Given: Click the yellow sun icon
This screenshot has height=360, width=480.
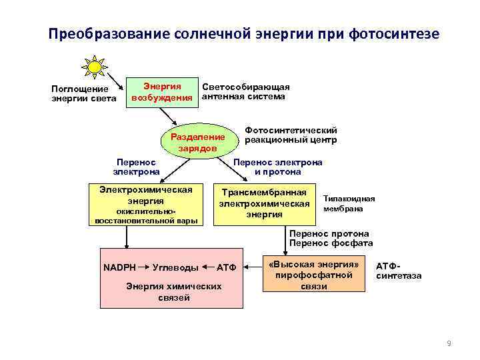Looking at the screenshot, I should [x=95, y=67].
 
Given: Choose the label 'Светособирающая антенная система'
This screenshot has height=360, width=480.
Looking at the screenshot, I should [x=245, y=92].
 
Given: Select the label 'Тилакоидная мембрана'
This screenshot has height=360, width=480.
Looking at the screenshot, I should [x=349, y=203].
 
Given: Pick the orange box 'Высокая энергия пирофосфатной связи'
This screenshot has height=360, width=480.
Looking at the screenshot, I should [x=315, y=273].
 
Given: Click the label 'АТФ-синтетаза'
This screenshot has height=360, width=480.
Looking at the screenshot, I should [x=399, y=271].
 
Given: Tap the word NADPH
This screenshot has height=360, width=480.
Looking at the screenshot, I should [x=119, y=267].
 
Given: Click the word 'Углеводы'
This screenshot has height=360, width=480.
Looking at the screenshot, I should [x=175, y=267].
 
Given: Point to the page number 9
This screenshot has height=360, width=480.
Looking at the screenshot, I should [x=449, y=343].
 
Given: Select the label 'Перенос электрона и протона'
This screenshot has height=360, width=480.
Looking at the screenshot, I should [x=278, y=167].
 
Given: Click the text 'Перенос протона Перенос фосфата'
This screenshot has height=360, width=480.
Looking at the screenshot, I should [x=331, y=238].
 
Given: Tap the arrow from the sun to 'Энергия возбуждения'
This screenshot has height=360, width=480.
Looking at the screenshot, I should [x=116, y=83].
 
